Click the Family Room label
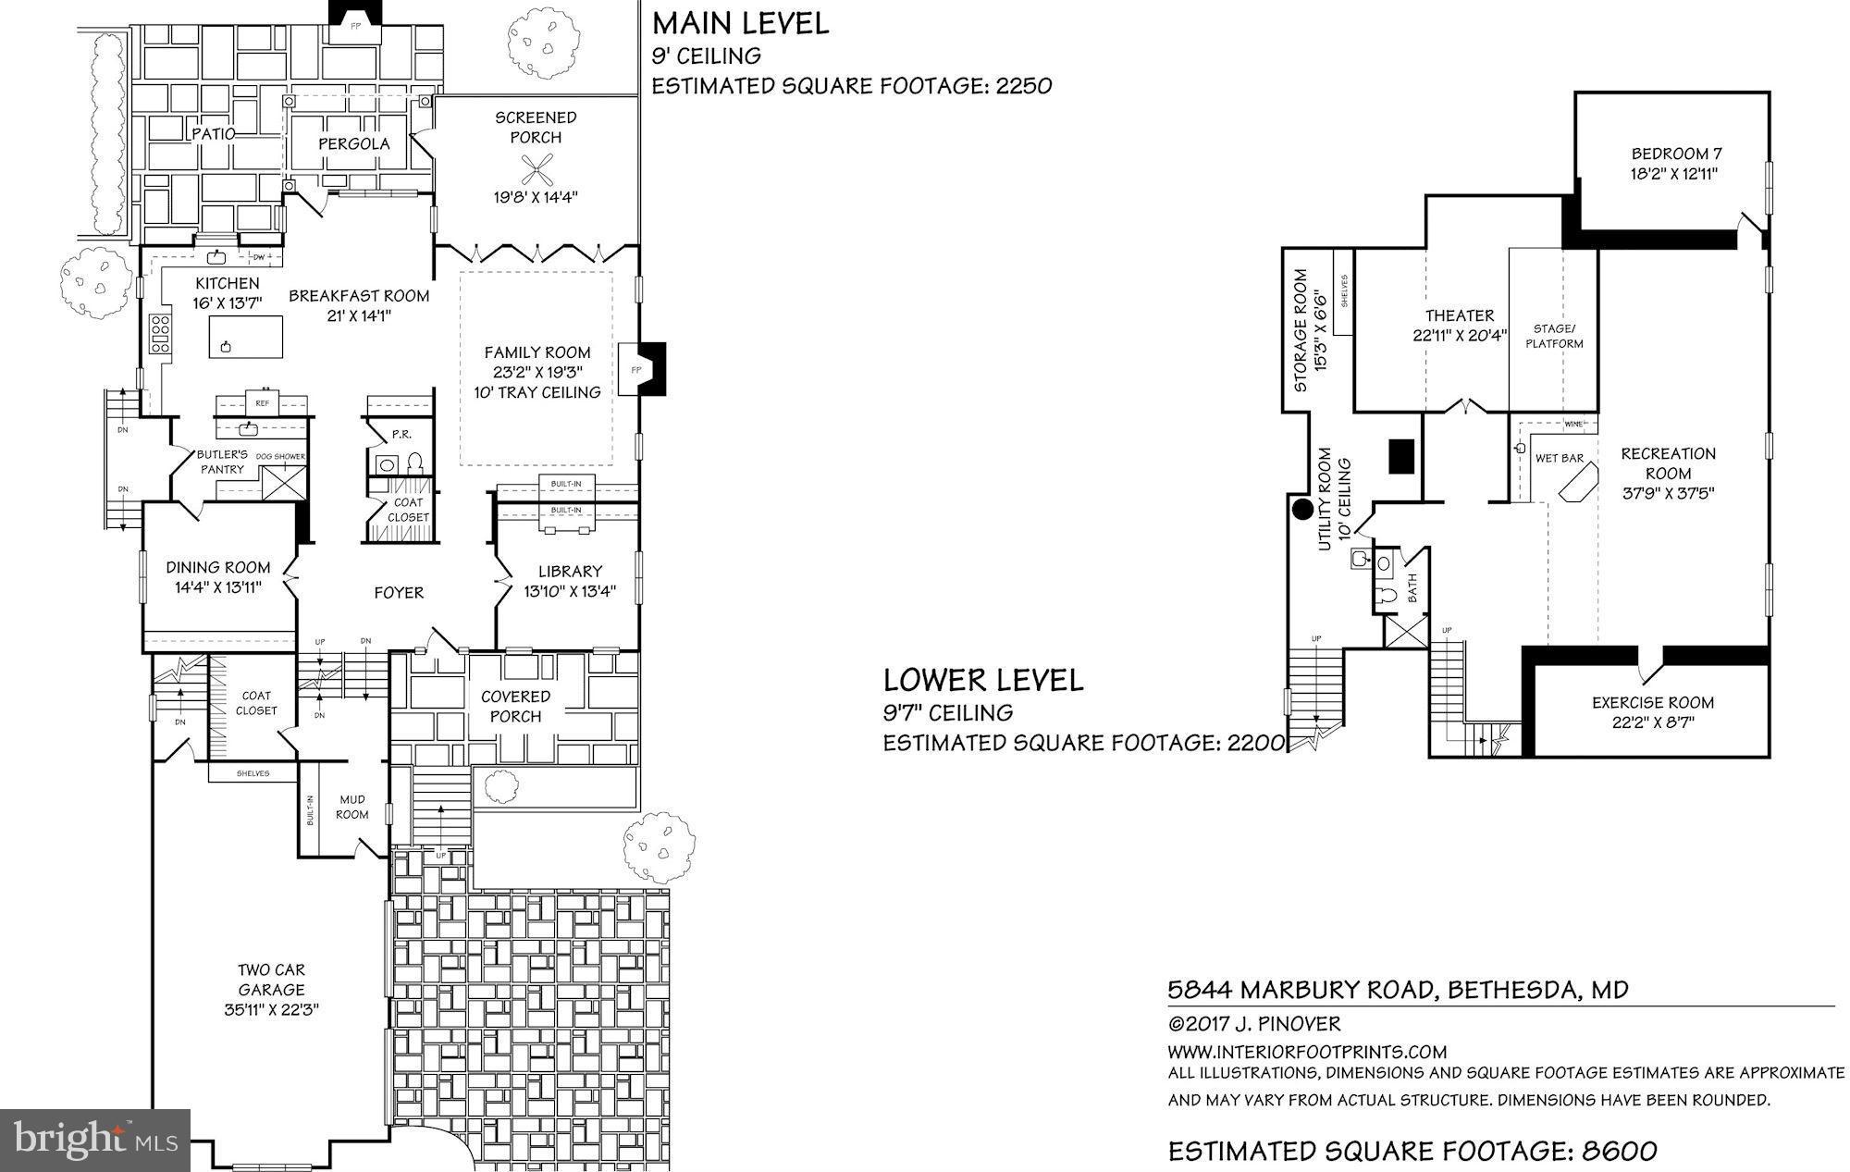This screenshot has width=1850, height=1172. (x=537, y=352)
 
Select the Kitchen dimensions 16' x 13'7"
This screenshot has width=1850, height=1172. (x=228, y=302)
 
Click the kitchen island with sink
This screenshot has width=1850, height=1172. (x=245, y=336)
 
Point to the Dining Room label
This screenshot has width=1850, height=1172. (x=218, y=567)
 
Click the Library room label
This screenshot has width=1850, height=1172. (x=570, y=572)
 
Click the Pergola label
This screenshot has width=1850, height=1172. (x=354, y=143)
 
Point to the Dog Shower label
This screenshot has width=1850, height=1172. (x=280, y=457)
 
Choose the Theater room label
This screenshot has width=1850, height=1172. (x=1460, y=315)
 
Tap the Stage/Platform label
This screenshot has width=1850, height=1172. (x=1554, y=336)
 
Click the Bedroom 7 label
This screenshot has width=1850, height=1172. (x=1676, y=154)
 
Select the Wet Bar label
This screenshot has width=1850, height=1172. (x=1560, y=458)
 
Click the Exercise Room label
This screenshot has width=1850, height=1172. (x=1653, y=702)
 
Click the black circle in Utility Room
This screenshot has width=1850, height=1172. (x=1302, y=508)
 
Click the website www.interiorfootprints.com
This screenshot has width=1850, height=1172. (x=1307, y=1052)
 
